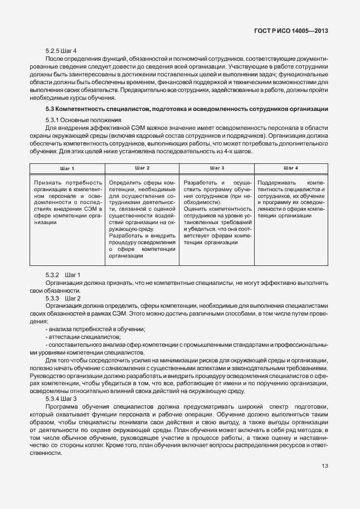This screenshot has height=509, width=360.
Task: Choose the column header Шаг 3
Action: click(x=217, y=168)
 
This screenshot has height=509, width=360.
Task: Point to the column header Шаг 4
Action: click(x=291, y=168)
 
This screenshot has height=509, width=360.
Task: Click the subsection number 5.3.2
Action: click(x=52, y=275)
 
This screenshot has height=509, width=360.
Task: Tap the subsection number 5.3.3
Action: click(x=52, y=298)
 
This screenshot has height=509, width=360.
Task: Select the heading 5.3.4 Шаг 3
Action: click(x=61, y=399)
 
